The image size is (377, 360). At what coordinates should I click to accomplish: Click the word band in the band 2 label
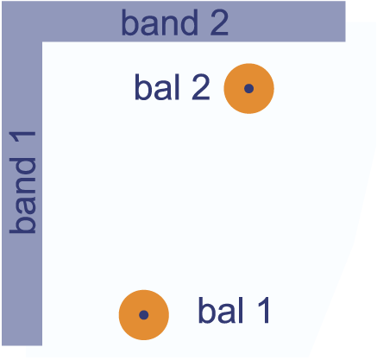click(160, 22)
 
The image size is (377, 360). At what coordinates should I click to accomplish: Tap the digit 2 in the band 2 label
click(219, 23)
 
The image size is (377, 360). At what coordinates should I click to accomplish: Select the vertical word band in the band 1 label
click(22, 195)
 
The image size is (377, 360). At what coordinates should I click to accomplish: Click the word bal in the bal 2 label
click(157, 87)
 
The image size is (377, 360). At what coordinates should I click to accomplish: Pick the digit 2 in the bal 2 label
click(201, 87)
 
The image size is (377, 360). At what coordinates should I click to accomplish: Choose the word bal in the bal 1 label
click(221, 310)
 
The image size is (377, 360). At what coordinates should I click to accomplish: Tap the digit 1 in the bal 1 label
click(263, 311)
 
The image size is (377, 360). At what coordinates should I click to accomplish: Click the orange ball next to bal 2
click(249, 89)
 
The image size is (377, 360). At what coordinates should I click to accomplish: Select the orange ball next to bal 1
click(144, 315)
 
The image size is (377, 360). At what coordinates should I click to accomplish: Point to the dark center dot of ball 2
click(249, 89)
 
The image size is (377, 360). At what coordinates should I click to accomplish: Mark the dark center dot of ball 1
click(144, 315)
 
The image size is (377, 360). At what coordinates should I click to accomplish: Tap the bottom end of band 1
click(22, 345)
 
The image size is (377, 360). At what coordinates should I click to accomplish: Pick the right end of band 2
click(345, 22)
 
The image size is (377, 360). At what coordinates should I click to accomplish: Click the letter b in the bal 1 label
click(207, 310)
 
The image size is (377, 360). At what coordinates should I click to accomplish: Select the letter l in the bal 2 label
click(178, 87)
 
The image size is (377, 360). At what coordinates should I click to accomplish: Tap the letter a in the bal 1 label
click(227, 314)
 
